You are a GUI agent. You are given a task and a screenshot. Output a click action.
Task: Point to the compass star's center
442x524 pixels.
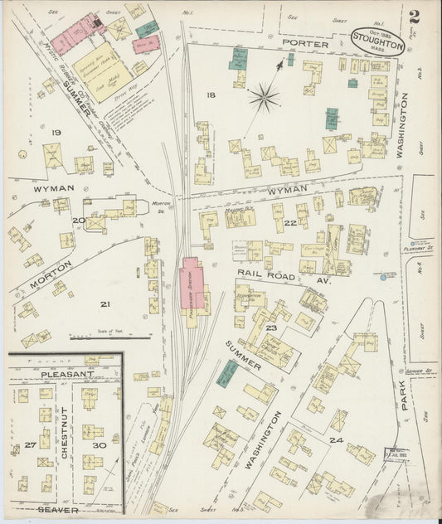tap(264, 98)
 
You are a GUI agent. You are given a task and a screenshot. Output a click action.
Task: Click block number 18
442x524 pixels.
tap(211, 96)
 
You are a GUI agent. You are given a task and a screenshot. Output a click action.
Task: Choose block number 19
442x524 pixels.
tap(56, 133)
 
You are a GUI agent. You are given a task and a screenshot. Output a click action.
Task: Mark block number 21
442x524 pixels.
tap(104, 304)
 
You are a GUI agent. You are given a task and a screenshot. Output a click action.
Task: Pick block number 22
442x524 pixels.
tap(289, 223)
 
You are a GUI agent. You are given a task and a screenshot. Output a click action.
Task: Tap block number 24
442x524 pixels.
tap(335, 439)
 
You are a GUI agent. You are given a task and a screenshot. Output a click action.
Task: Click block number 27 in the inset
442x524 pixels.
tap(30, 445)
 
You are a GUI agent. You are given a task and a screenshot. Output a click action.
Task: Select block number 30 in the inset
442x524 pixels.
tap(100, 445)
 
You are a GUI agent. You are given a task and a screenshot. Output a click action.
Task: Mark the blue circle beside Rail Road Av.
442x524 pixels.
tap(382, 280)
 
